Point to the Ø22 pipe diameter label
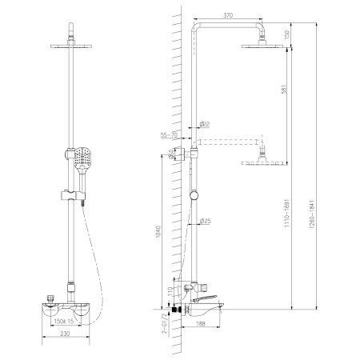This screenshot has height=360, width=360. tap(204, 123)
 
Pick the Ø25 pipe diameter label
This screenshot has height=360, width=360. tap(205, 221)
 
